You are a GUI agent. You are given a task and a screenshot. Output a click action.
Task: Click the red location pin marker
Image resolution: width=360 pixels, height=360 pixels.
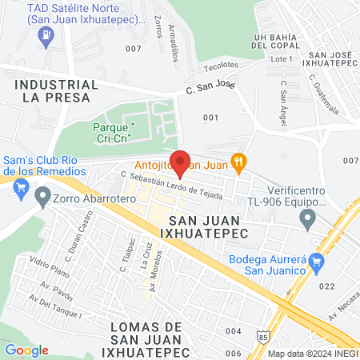[180, 162]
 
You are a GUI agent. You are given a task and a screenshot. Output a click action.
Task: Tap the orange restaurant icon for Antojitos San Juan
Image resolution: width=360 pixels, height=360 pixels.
[238, 162]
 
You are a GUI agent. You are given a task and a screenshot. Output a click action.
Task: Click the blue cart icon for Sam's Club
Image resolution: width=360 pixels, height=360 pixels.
[22, 189]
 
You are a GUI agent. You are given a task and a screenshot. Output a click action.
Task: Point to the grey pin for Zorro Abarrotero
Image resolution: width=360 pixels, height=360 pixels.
[42, 195]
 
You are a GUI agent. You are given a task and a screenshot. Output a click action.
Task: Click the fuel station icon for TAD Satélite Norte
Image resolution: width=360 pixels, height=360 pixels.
[47, 36]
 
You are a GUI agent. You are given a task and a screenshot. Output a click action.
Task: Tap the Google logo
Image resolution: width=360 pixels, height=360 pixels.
[26, 350]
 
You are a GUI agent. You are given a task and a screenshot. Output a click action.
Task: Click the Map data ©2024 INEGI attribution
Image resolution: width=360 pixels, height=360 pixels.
[313, 353]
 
